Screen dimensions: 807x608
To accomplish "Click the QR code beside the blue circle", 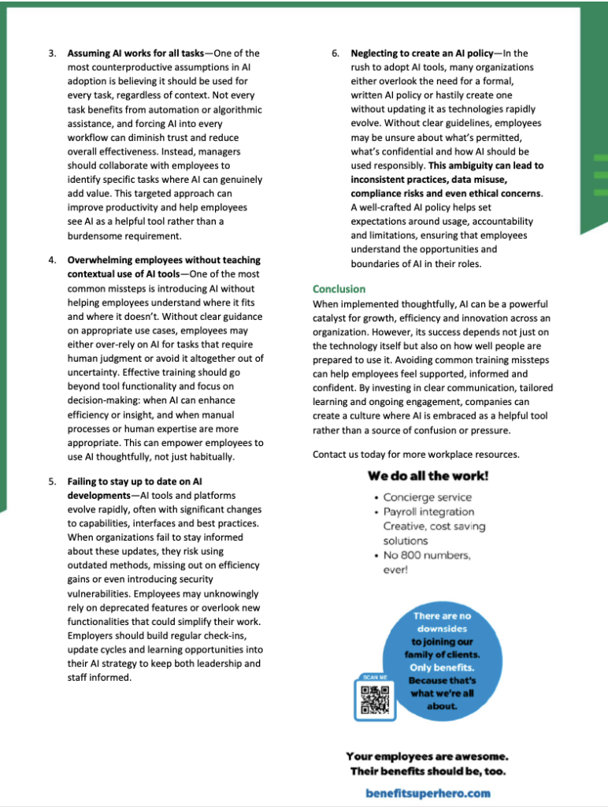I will (375, 700).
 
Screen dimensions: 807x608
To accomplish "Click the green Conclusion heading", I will (339, 289).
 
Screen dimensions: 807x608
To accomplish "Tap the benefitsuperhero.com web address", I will (428, 793).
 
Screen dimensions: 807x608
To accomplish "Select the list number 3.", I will (52, 54).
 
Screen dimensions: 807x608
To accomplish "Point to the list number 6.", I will (336, 54).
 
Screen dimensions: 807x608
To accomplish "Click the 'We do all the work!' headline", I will (428, 476).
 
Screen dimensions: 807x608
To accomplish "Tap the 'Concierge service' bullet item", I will (428, 497).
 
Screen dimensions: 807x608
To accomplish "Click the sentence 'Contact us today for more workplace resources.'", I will (416, 455).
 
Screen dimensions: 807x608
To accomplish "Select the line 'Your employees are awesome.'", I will (428, 756).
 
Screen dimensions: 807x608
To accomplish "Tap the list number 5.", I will (52, 481).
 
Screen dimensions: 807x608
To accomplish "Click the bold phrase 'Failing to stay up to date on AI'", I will (135, 481).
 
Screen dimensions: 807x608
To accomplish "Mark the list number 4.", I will (52, 260).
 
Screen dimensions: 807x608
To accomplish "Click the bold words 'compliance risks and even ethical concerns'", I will (445, 193).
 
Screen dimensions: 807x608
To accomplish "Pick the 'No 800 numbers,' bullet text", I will (426, 555).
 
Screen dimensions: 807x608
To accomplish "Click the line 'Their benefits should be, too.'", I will (428, 771).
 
